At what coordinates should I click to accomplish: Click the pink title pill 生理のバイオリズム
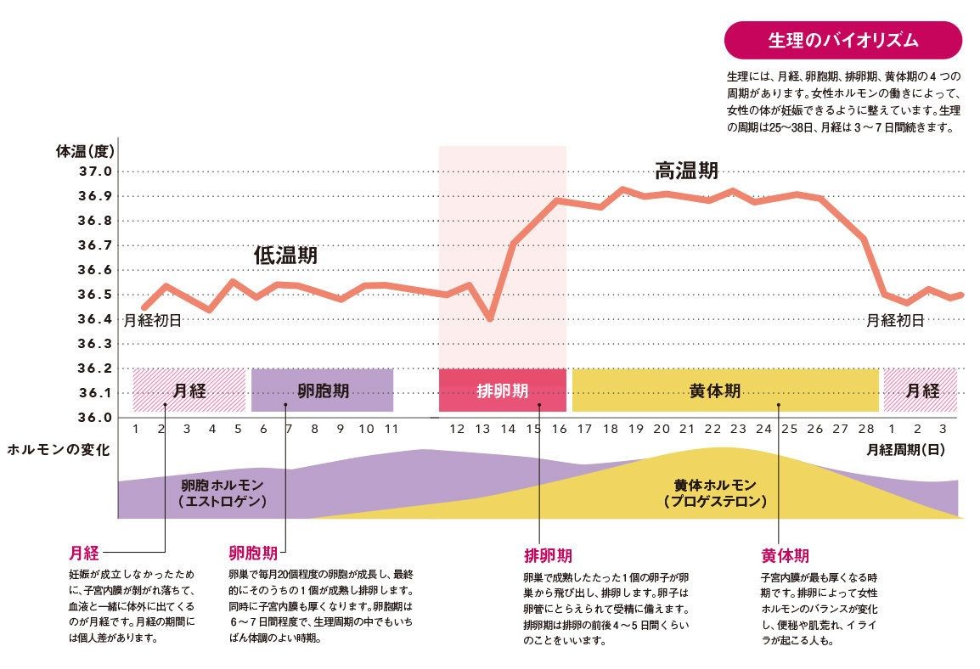tap(842, 40)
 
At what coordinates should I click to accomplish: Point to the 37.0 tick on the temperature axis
tap(95, 171)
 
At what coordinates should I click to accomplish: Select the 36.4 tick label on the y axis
tap(95, 319)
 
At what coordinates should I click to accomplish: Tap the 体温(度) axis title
tap(85, 153)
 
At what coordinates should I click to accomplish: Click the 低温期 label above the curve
tap(284, 255)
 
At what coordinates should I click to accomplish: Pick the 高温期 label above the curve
tap(686, 171)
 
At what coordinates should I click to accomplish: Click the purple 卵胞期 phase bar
tap(322, 391)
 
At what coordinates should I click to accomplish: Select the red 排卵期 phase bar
tap(502, 391)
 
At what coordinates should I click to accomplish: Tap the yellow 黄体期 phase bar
tap(724, 391)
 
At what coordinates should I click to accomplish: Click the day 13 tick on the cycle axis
tap(482, 430)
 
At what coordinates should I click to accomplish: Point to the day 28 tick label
tap(865, 430)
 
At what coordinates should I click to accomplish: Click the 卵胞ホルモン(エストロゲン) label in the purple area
tap(222, 492)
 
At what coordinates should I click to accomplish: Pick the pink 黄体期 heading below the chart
tap(784, 556)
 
